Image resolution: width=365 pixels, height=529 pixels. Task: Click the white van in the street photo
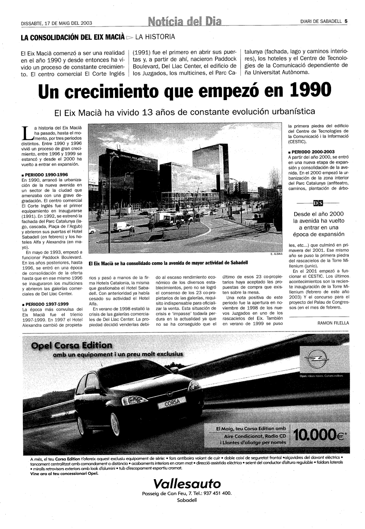coord(123,227)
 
